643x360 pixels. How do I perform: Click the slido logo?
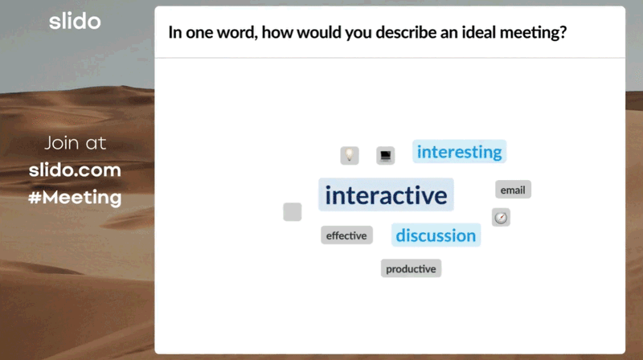click(x=75, y=21)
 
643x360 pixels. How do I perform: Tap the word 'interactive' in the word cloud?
click(x=386, y=194)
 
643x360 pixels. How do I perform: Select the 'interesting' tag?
click(x=459, y=152)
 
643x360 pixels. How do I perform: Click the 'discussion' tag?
click(x=436, y=235)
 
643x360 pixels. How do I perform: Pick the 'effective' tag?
click(x=346, y=235)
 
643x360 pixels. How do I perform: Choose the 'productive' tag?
click(x=411, y=268)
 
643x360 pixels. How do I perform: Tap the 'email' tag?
click(x=513, y=190)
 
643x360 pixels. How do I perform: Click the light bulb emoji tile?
click(x=350, y=155)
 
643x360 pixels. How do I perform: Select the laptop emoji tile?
click(x=386, y=155)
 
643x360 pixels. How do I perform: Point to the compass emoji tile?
click(x=501, y=217)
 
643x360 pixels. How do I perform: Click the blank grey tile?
click(x=293, y=212)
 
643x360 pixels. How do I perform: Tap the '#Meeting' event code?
click(x=75, y=198)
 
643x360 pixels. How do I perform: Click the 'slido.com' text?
click(x=75, y=170)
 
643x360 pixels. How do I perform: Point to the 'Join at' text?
click(x=75, y=143)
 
